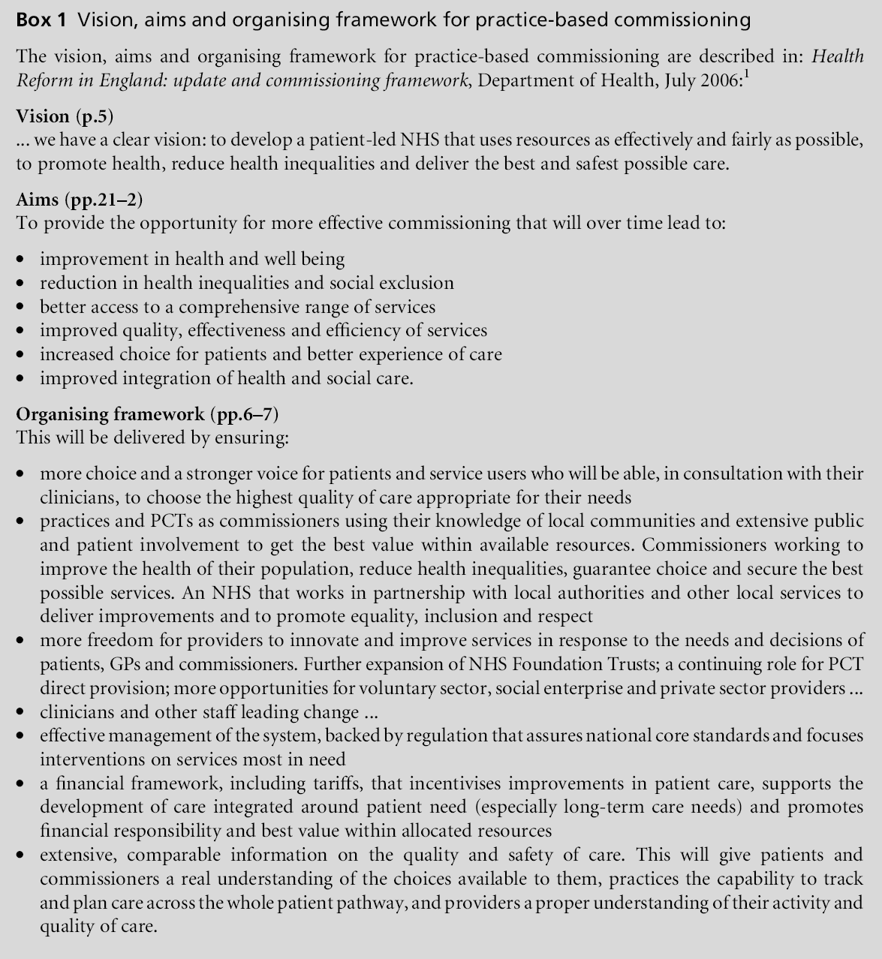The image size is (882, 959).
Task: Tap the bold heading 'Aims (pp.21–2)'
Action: click(x=79, y=200)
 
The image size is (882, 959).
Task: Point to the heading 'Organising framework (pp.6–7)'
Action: click(x=148, y=413)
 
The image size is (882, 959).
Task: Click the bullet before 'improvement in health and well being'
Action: click(x=23, y=260)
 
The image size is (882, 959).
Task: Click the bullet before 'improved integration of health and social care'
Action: click(x=23, y=378)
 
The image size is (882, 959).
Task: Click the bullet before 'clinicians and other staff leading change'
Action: click(x=23, y=712)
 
